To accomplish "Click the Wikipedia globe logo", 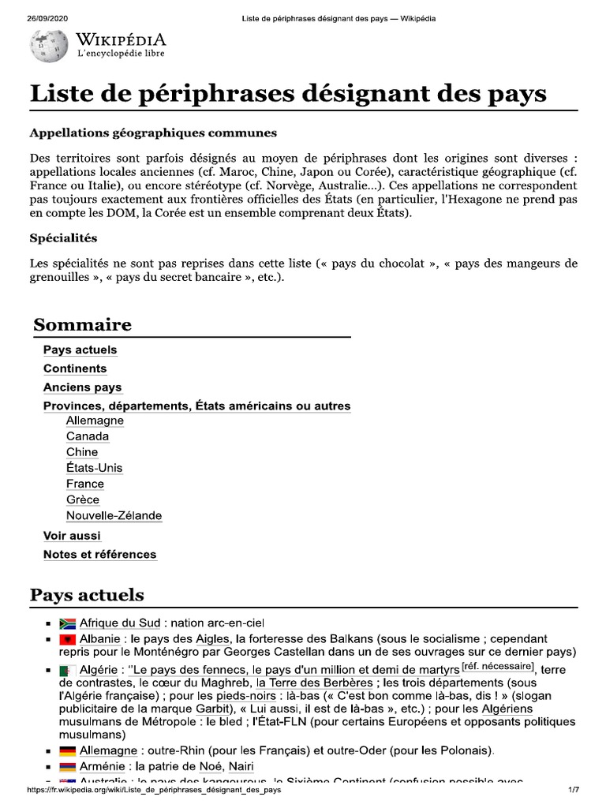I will coord(49,47).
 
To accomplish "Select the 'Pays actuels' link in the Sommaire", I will coord(80,350).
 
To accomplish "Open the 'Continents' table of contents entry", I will coord(75,368).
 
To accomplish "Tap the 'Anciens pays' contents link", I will coord(83,387).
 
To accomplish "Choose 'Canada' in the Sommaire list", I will coord(88,436).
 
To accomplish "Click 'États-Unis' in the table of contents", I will coord(94,468).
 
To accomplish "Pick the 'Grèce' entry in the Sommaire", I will coord(83,499).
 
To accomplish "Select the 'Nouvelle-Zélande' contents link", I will coord(114,515).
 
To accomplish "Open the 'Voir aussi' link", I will coord(72,536).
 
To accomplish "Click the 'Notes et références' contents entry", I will coord(99,555).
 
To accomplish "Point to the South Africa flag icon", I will coord(67,623).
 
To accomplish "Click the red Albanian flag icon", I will coord(67,638).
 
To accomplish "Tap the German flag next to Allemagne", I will coord(67,751).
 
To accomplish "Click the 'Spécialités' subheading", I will coord(63,238).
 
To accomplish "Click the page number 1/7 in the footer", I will coord(573,790).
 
